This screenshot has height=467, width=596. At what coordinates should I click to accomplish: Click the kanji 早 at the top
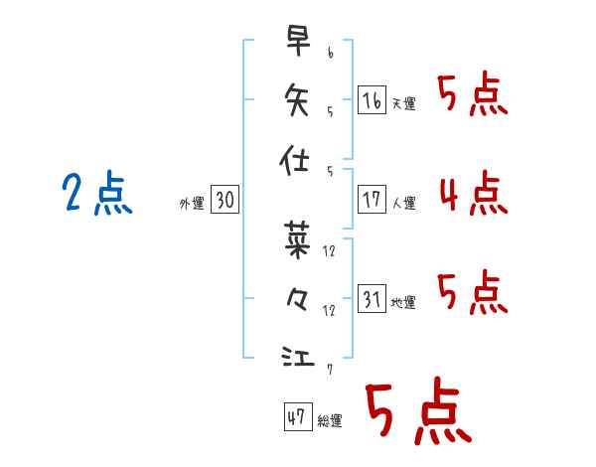tap(298, 41)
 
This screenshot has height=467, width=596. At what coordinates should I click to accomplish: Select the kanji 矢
tap(296, 99)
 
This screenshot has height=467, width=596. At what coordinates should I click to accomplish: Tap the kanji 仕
tap(294, 160)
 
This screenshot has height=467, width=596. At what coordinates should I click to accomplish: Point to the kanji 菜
tap(297, 240)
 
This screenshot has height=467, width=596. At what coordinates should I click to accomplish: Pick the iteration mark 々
tap(297, 299)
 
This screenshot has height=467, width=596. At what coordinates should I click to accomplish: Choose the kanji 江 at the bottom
tap(298, 356)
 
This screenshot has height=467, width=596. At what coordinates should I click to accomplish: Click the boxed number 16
tap(372, 100)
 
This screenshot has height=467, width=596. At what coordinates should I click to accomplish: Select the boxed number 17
tap(372, 200)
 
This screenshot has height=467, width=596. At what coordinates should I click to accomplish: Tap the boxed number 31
tap(372, 298)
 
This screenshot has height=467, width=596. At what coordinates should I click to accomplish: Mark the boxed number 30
tap(224, 199)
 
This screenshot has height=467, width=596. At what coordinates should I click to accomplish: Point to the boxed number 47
tap(298, 416)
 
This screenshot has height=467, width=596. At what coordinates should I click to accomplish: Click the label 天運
tap(404, 103)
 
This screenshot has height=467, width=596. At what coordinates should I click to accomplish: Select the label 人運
tap(404, 203)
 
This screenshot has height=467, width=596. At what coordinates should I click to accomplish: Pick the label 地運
tap(403, 302)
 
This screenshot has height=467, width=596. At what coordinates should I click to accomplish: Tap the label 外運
tap(192, 204)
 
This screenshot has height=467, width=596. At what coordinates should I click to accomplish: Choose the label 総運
tap(330, 420)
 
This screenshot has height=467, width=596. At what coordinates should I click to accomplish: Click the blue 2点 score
tap(97, 193)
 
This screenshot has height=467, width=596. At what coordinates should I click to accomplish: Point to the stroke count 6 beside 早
tap(331, 53)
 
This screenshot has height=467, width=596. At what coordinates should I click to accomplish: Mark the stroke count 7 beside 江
tap(330, 370)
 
